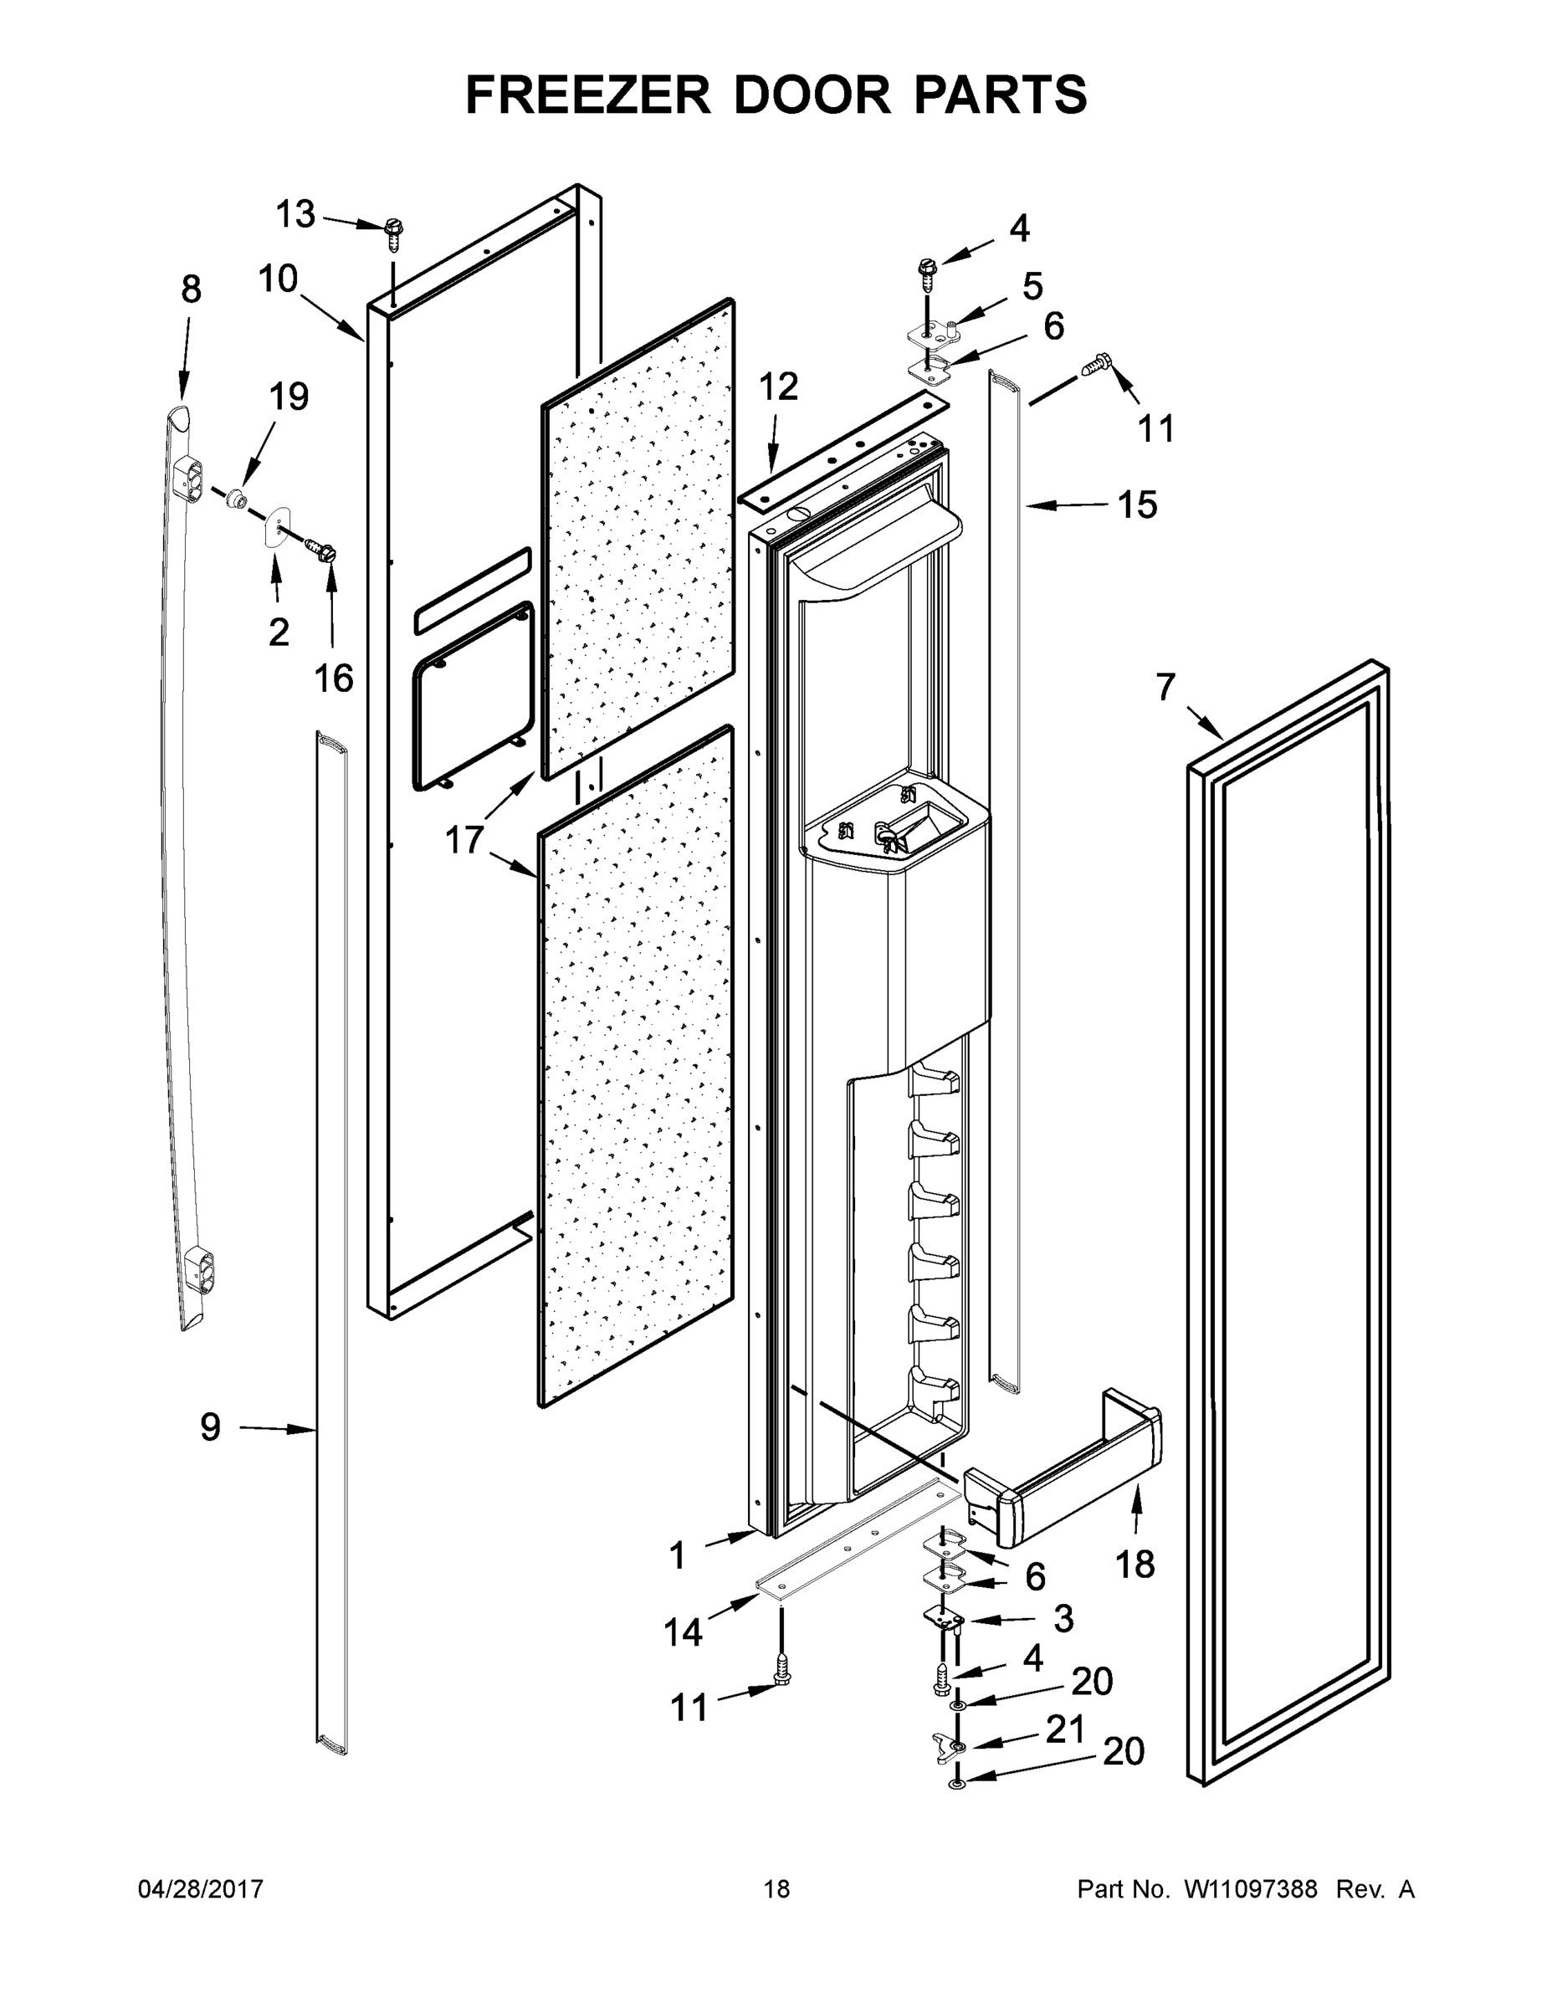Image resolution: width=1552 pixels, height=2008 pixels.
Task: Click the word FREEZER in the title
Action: tap(587, 95)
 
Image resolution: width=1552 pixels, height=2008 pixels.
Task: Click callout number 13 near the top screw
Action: tap(296, 214)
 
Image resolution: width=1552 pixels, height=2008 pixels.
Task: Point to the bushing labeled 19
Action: tap(239, 499)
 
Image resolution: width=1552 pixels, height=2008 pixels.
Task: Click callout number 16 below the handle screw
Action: tap(333, 679)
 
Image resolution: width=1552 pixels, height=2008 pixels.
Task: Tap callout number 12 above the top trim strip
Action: tap(779, 387)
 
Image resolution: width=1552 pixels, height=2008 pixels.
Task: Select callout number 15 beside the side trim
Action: tap(1137, 505)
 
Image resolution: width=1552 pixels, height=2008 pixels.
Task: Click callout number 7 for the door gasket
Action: tap(1165, 687)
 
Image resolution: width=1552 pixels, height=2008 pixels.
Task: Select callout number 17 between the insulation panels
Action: tap(464, 839)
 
